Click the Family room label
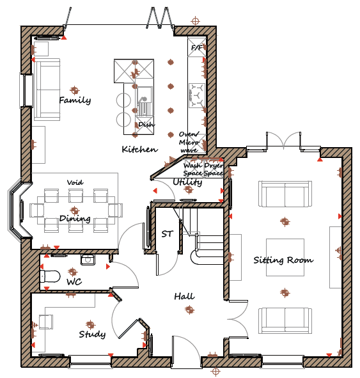click(75, 100)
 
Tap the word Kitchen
click(140, 149)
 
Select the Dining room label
click(75, 219)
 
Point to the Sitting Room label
click(284, 260)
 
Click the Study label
click(92, 334)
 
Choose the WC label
click(74, 281)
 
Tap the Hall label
click(184, 296)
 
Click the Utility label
click(187, 182)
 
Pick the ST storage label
click(168, 233)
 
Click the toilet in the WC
click(50, 276)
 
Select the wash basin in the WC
click(88, 260)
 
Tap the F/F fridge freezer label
click(197, 48)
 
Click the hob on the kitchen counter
click(197, 95)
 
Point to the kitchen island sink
click(145, 101)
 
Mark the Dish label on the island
click(146, 125)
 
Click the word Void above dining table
click(75, 182)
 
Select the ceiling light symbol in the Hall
click(190, 310)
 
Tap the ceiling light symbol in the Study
click(90, 325)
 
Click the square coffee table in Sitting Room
click(285, 257)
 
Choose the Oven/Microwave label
click(189, 142)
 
